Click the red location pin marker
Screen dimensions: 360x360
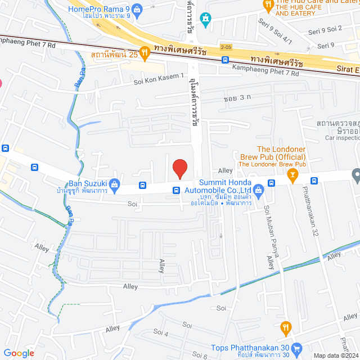coord(179,168)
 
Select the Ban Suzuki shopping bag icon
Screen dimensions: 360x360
coord(115,183)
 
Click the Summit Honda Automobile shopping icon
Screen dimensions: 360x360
coord(258,190)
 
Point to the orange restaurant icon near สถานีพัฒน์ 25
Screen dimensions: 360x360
coord(145,53)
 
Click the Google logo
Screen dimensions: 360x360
coord(18,353)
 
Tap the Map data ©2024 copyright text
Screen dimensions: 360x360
coord(335,355)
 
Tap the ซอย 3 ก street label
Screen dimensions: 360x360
coord(236,98)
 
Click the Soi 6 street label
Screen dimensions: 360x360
coord(200,354)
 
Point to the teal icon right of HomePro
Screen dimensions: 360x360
coord(206,19)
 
